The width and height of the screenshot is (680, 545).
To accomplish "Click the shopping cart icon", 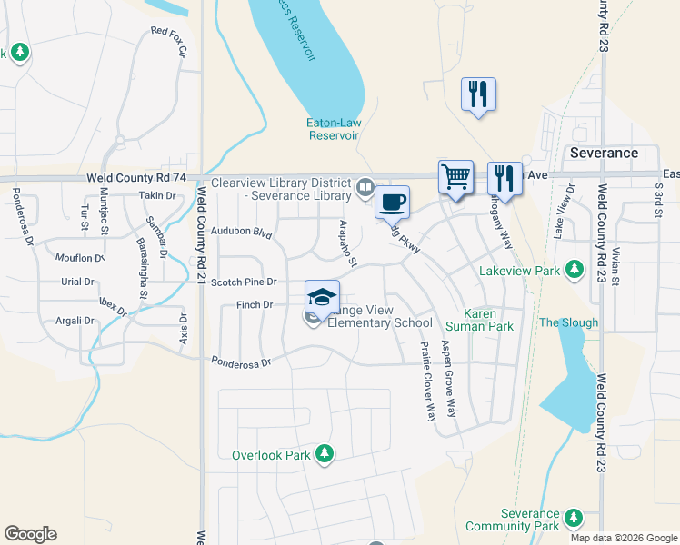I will pyautogui.click(x=455, y=176).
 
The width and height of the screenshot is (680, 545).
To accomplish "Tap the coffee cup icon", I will pyautogui.click(x=392, y=202).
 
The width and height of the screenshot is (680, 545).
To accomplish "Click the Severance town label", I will pyautogui.click(x=604, y=153).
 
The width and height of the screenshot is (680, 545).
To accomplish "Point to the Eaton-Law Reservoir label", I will pyautogui.click(x=333, y=129).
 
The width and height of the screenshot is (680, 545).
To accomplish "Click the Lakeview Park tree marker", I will pyautogui.click(x=574, y=269).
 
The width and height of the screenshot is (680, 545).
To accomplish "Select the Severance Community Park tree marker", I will pyautogui.click(x=572, y=518).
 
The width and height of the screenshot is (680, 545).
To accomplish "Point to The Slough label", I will pyautogui.click(x=568, y=322).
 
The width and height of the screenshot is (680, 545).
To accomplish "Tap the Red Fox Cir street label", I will pyautogui.click(x=169, y=43).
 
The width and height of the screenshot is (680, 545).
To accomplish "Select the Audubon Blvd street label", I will pyautogui.click(x=242, y=233).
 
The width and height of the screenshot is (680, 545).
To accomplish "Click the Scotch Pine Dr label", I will pyautogui.click(x=243, y=282).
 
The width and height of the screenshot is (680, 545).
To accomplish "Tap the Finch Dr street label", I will pyautogui.click(x=255, y=305).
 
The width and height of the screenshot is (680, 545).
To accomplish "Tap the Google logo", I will pyautogui.click(x=30, y=534).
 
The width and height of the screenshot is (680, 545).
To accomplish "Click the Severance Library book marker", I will pyautogui.click(x=365, y=187).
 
